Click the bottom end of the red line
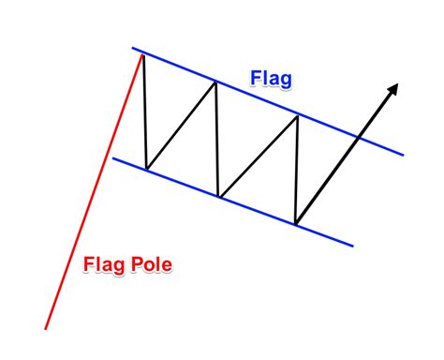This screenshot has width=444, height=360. coord(45,328)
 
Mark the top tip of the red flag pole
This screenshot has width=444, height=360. coord(142,54)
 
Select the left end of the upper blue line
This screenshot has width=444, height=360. coord(132,48)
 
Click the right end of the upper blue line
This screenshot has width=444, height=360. coord(404,154)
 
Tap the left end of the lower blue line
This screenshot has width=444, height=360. coord(112,157)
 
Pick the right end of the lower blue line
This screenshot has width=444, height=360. coord(353,247)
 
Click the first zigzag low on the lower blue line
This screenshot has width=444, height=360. coord(146,170)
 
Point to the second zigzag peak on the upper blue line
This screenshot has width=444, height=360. coord(216,82)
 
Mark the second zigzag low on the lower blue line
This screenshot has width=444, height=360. coord(218,197)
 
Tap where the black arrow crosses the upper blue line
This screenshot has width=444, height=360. coord(358,137)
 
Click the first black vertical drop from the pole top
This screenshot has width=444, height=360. coord(144,112)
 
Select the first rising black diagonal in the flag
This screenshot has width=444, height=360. coord(182,126)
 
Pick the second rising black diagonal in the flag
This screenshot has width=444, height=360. coord(258,155)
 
